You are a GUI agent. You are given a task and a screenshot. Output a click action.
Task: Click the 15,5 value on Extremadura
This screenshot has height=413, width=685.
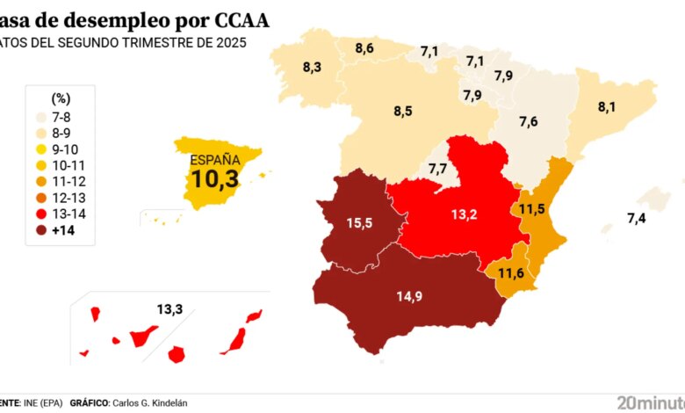click(x=359, y=223)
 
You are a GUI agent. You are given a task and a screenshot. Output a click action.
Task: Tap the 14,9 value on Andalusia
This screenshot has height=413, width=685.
click(x=409, y=296)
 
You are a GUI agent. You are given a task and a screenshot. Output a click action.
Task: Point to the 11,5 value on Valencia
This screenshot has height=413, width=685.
click(x=532, y=209)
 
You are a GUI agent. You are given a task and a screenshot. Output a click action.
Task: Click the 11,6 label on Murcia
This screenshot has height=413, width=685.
click(x=511, y=273)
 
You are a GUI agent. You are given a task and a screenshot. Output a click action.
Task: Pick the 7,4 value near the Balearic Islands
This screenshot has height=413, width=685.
click(x=637, y=218)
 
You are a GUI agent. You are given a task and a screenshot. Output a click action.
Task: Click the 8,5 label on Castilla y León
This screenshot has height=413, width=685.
click(x=403, y=112)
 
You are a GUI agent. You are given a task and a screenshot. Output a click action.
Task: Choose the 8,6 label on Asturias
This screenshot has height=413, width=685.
click(x=364, y=48)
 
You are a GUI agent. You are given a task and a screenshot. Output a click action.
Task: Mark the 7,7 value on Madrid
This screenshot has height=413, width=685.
click(x=437, y=168)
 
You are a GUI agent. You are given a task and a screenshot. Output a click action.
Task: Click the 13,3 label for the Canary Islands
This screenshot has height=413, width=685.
click(x=169, y=308)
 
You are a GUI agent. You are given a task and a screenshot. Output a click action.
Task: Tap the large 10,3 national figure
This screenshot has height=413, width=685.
click(x=215, y=181)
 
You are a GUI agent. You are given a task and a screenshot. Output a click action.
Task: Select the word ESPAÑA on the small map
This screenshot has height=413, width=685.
click(x=215, y=160)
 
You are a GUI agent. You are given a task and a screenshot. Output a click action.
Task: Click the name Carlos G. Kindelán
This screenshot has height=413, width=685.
click(x=149, y=402)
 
